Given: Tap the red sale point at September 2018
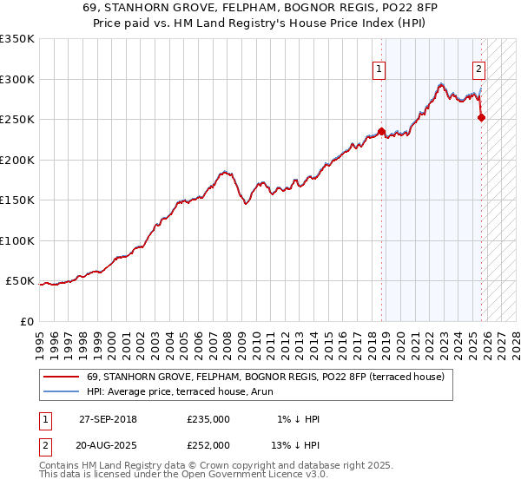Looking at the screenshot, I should (x=382, y=132).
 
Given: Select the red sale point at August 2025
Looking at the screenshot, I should (x=482, y=118).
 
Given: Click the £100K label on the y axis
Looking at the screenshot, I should (x=18, y=241).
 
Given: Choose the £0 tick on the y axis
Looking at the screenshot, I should (x=28, y=322).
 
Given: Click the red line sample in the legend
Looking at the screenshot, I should (x=62, y=377).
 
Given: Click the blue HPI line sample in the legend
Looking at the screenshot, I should (x=62, y=391).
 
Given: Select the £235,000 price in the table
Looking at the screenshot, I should (x=208, y=419).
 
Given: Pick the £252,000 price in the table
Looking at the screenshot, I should (x=208, y=445).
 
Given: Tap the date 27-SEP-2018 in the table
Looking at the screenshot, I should (x=108, y=419).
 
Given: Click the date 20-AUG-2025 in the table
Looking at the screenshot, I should (x=108, y=445).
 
